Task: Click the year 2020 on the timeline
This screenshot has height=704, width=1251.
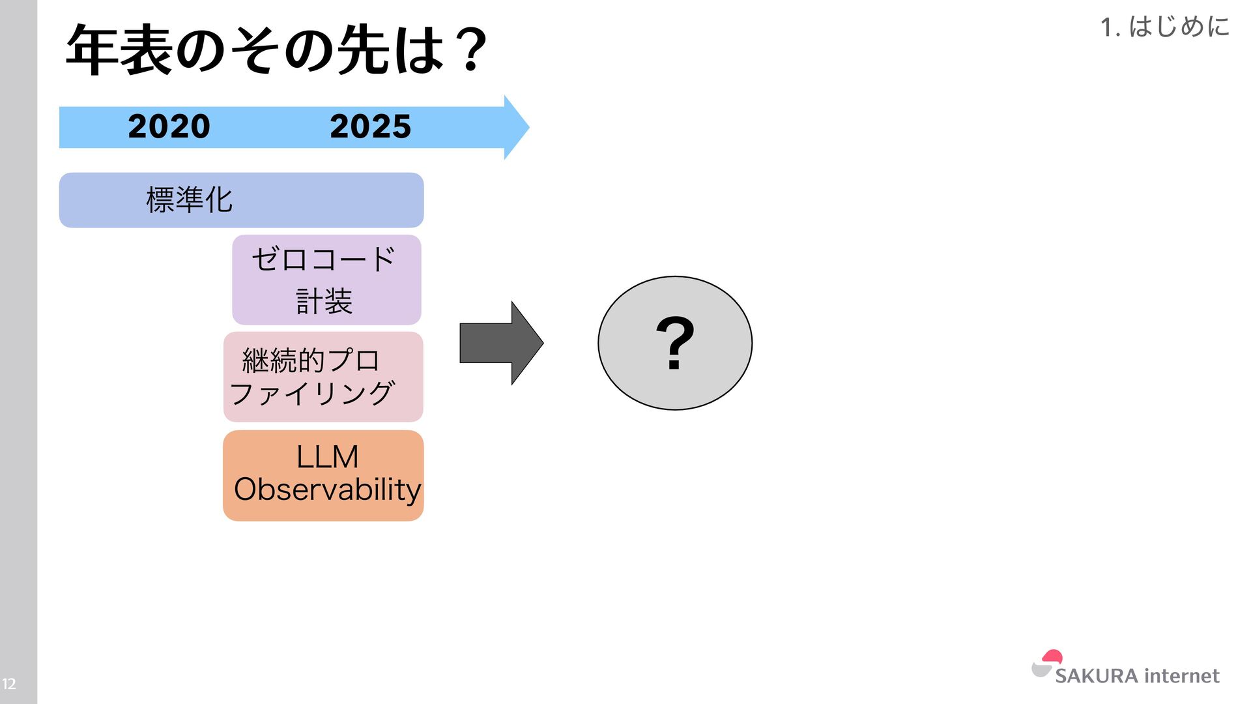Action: coord(169,126)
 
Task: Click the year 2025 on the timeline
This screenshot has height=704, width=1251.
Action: coord(370,126)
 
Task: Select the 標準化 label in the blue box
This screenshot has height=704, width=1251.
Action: coord(189,200)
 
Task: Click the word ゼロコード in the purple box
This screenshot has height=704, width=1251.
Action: coord(324,259)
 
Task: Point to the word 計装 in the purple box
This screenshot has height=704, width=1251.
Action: coord(324,302)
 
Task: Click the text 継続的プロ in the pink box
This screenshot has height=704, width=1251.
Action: coord(311,360)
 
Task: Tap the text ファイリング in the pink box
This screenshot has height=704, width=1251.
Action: coord(312,394)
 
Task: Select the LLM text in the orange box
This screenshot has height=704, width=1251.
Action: coord(327,457)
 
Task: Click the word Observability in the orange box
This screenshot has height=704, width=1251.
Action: coord(327,490)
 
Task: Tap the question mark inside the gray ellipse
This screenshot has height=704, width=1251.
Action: coord(675,343)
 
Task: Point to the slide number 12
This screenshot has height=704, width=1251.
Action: coord(9,684)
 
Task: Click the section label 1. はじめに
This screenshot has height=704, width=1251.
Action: coord(1165,27)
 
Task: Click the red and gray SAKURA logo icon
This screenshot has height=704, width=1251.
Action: coord(1046,664)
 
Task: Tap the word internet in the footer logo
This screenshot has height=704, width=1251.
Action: coord(1181,676)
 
